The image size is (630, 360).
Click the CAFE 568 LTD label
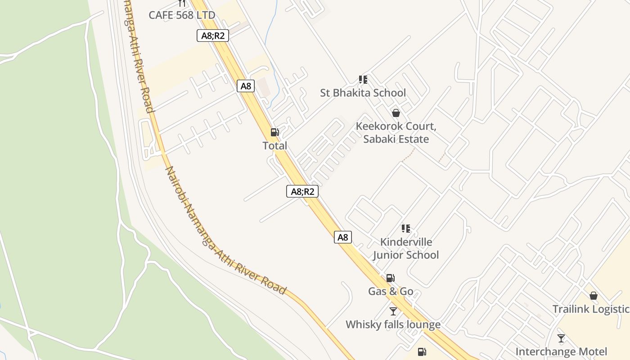pos(182,15)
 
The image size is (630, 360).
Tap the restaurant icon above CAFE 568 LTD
pos(182,3)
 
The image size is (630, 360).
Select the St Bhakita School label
pos(363,93)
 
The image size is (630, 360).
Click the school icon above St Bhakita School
pos(363,80)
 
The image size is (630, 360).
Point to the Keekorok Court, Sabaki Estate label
pos(396,132)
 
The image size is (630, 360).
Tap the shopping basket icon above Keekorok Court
pos(396,113)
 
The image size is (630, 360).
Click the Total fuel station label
pos(274,145)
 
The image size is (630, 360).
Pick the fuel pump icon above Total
pos(274,132)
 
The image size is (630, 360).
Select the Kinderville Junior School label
pos(405,248)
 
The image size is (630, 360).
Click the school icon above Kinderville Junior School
pos(405,229)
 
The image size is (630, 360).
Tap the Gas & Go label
pos(391,291)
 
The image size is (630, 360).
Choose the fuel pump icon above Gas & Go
pos(391,278)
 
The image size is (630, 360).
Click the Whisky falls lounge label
pos(393,324)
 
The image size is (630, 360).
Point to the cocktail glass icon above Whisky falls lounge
pos(393,311)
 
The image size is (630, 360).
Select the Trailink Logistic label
pos(591,309)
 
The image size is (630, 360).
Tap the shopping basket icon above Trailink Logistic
pos(594,296)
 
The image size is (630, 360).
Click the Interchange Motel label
pos(561,351)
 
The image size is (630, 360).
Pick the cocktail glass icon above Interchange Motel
pos(561,338)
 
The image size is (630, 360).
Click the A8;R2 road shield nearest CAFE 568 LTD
pos(213,36)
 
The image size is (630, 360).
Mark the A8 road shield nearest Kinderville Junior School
pos(343,237)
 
